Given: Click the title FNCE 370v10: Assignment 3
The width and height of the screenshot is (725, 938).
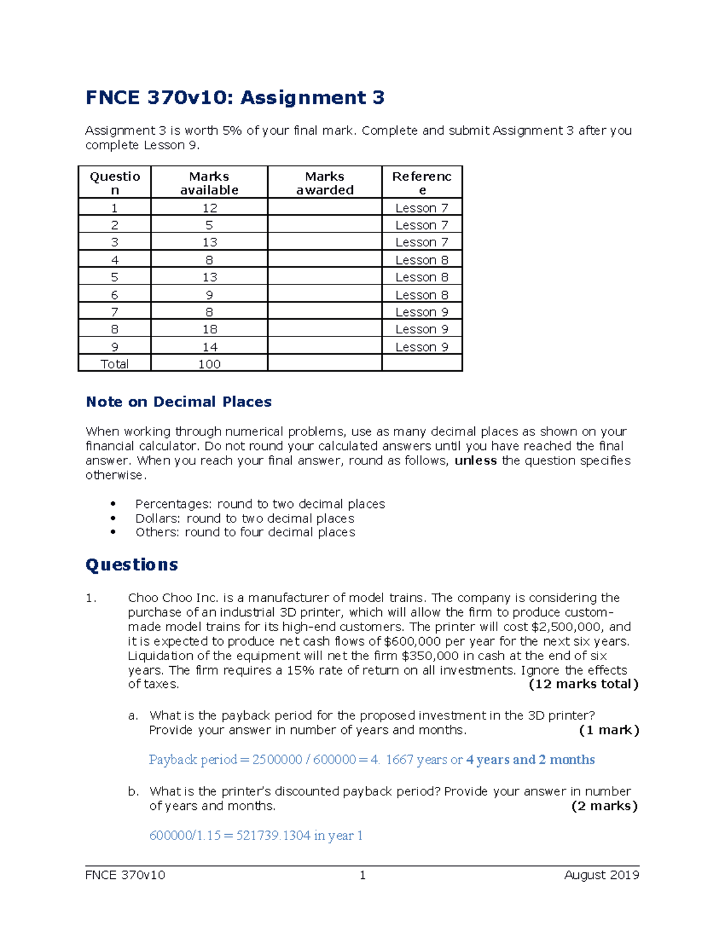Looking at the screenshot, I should pyautogui.click(x=234, y=98).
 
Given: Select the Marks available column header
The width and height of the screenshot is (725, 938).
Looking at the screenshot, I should pyautogui.click(x=209, y=183).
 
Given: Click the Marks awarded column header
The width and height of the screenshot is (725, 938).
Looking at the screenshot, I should pyautogui.click(x=324, y=183).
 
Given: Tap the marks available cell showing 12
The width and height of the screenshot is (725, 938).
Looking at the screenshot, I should pyautogui.click(x=209, y=208).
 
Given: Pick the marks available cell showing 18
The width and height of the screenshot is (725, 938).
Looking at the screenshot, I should pyautogui.click(x=209, y=329).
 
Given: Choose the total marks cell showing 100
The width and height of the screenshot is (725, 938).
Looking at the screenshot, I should pyautogui.click(x=209, y=364).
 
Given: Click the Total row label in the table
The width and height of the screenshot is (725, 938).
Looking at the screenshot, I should pyautogui.click(x=114, y=364).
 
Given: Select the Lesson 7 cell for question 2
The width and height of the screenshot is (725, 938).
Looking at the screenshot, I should pyautogui.click(x=422, y=225).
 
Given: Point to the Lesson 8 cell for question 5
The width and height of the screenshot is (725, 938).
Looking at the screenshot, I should pyautogui.click(x=422, y=277).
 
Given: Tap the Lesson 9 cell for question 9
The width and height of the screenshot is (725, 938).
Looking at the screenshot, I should pyautogui.click(x=422, y=347).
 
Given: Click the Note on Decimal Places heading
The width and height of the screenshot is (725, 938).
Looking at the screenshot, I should pyautogui.click(x=178, y=402).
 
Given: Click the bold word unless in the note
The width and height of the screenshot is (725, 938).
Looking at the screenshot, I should pyautogui.click(x=475, y=461).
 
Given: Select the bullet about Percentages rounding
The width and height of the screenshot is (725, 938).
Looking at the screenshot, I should pyautogui.click(x=260, y=504).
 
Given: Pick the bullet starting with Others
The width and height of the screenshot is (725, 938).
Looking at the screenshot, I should pyautogui.click(x=245, y=532).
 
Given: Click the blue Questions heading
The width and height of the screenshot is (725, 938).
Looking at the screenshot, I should pyautogui.click(x=132, y=565).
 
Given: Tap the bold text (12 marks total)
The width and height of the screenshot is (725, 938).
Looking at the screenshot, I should pyautogui.click(x=583, y=684).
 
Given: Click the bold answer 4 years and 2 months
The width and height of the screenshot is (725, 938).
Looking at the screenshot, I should pyautogui.click(x=530, y=760).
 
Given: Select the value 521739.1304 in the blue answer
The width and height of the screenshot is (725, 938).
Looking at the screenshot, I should pyautogui.click(x=273, y=836).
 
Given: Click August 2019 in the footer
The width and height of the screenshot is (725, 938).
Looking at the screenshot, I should pyautogui.click(x=601, y=875).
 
